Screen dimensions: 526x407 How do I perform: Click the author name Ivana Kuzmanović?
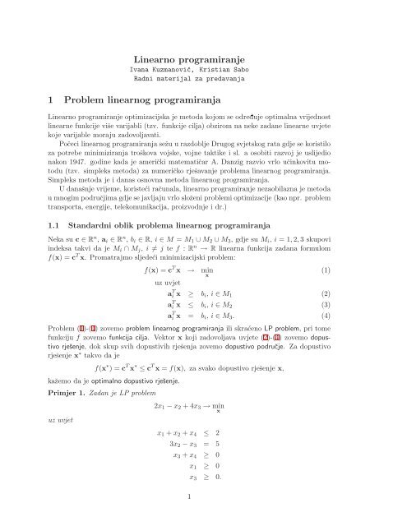[x=171, y=72]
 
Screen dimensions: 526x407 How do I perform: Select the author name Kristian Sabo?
[x=236, y=72]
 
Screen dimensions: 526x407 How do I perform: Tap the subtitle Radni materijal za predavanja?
[x=203, y=83]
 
